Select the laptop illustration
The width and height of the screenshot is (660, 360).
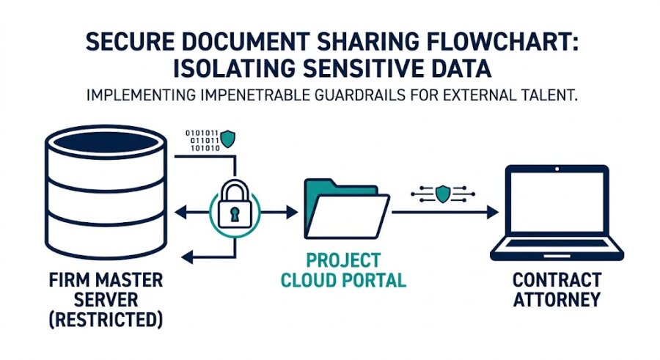tap(556, 212)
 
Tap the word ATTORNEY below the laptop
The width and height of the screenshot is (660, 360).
tap(557, 299)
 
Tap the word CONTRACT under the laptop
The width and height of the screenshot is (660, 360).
tap(557, 280)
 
